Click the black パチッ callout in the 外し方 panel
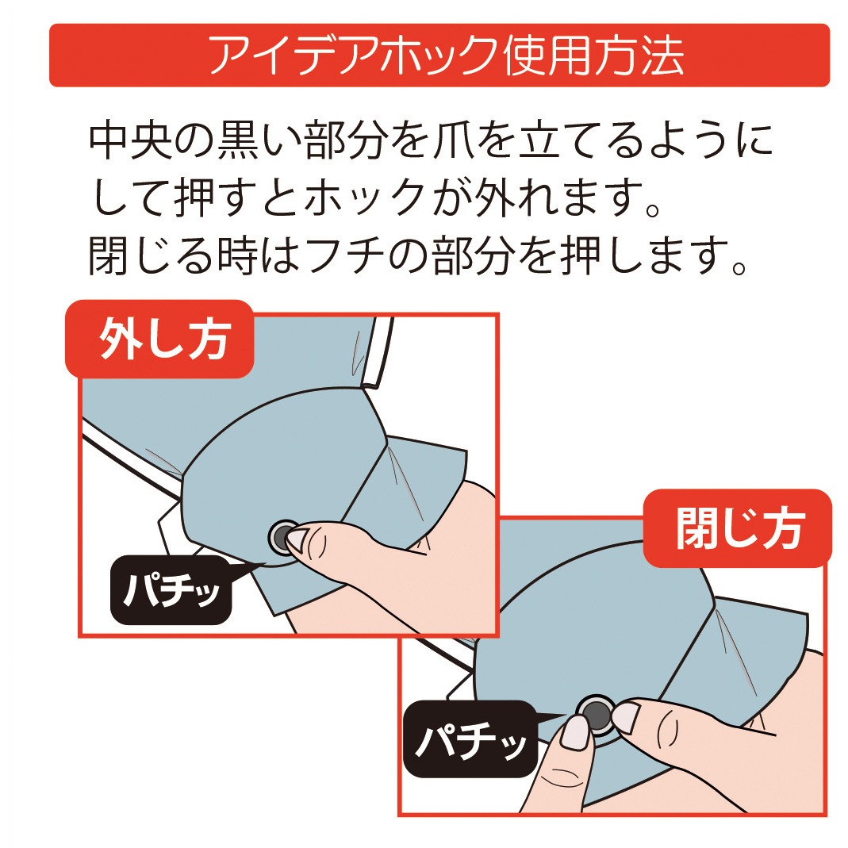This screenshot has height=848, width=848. [170, 590]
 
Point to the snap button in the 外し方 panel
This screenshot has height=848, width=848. [282, 537]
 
